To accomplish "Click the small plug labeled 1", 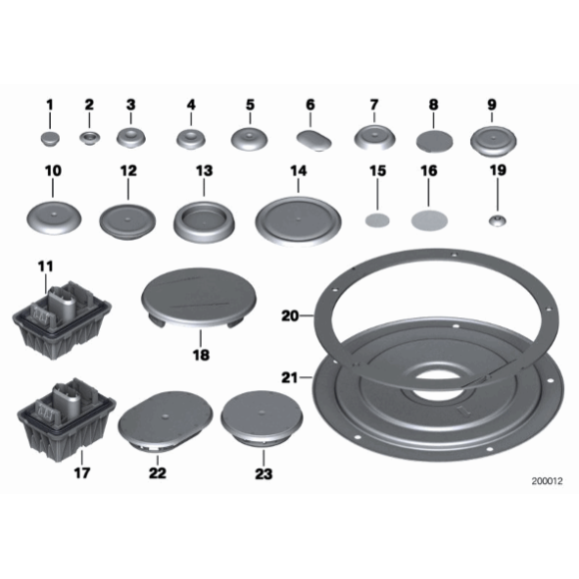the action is [50, 139].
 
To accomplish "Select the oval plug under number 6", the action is [313, 141].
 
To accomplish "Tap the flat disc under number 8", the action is [434, 141].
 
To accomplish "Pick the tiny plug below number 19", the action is [498, 221].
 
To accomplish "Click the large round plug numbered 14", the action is [298, 222].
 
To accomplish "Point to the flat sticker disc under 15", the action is [377, 221].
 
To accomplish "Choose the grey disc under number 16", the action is [429, 220].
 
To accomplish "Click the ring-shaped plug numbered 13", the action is [204, 222].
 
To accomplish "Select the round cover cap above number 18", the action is [199, 298].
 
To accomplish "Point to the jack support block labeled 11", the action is [62, 319].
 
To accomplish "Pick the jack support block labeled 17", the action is [67, 419].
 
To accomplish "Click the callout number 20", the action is [289, 316].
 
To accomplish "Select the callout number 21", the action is [289, 377].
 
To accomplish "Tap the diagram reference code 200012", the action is [547, 481].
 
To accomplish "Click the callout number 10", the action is [53, 171].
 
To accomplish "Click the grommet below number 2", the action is [90, 138].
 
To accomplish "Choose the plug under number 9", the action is [493, 141].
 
